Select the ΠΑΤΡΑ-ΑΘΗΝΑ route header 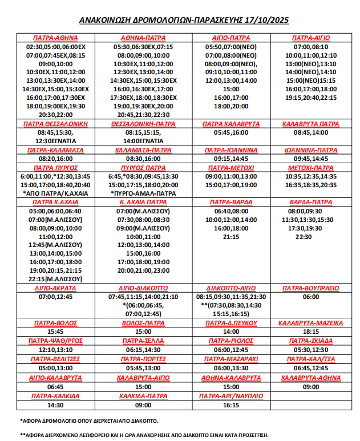[55, 37]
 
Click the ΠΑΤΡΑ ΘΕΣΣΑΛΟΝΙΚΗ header [55, 124]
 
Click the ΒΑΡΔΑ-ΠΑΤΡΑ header [312, 202]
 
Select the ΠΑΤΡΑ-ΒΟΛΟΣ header [55, 323]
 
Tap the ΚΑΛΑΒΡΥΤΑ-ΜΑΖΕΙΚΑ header [312, 323]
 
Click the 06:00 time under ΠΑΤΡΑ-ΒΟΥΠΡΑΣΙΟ [312, 297]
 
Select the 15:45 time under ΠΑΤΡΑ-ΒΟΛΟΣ [55, 332]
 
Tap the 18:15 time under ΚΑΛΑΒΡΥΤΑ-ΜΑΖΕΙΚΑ [312, 332]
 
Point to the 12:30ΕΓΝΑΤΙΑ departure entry [55, 141]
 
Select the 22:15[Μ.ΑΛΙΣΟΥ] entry [55, 279]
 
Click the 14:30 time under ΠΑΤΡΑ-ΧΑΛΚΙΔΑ [55, 405]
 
